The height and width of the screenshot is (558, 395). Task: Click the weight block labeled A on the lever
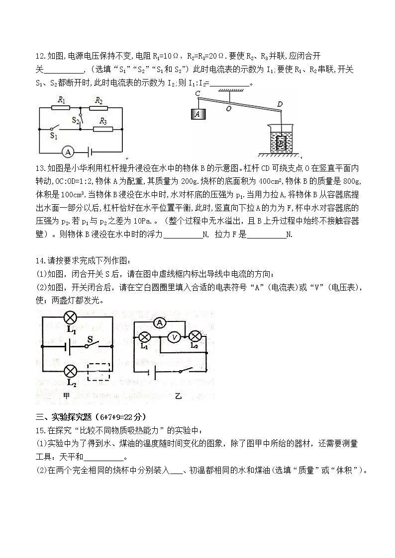point(198,114)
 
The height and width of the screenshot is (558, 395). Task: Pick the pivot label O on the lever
point(228,108)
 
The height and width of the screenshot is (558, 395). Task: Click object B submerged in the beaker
point(282,143)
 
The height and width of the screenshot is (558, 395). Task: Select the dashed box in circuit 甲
point(99,372)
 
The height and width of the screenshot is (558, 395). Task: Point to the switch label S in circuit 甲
point(90,340)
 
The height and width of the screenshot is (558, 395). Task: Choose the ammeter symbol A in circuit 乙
point(160,323)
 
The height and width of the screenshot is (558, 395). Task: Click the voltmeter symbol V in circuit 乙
point(174,337)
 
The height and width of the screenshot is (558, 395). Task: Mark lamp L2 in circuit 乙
point(196,336)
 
